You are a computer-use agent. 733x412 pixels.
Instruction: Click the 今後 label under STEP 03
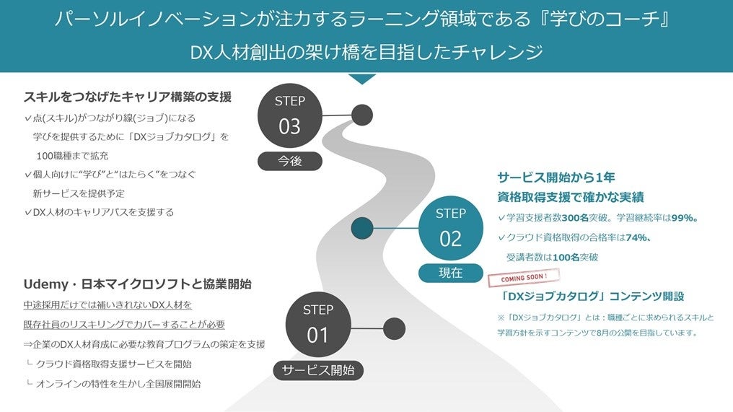289,161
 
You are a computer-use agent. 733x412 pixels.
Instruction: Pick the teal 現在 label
450,273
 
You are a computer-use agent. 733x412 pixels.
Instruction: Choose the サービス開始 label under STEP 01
318,370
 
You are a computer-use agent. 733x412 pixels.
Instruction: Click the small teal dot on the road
362,229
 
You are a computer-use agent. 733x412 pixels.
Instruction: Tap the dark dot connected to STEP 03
362,115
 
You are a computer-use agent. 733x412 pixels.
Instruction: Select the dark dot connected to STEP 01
394,329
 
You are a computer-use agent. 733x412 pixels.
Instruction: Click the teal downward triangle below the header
362,79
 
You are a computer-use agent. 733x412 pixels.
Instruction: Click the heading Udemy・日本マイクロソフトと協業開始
137,284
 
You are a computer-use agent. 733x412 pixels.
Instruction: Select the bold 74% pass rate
636,237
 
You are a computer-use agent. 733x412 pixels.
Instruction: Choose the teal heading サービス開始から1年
556,177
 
